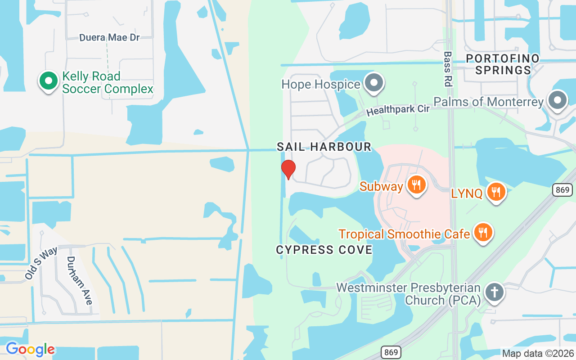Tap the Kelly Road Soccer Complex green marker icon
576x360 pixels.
pyautogui.click(x=49, y=81)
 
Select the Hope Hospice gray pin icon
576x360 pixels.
pyautogui.click(x=373, y=83)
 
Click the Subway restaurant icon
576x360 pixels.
pyautogui.click(x=417, y=184)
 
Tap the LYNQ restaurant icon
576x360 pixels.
pyautogui.click(x=496, y=192)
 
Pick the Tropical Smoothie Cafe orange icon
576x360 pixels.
pyautogui.click(x=483, y=232)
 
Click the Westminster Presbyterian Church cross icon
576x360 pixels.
pyautogui.click(x=494, y=292)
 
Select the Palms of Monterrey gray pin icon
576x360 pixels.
pyautogui.click(x=558, y=100)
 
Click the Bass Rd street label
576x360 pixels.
pyautogui.click(x=447, y=69)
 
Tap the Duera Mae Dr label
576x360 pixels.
pyautogui.click(x=109, y=37)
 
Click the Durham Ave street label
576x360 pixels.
pyautogui.click(x=79, y=280)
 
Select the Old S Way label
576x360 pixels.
pyautogui.click(x=41, y=263)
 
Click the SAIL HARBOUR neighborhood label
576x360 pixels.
pyautogui.click(x=324, y=147)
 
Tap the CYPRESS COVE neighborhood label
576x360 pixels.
pyautogui.click(x=324, y=250)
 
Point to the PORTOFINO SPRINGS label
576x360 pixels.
pyautogui.click(x=503, y=64)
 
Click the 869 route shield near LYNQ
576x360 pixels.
pyautogui.click(x=562, y=190)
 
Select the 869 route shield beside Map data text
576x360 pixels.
pyautogui.click(x=391, y=352)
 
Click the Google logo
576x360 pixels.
pyautogui.click(x=30, y=349)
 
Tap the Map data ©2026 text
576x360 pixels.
pyautogui.click(x=537, y=353)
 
